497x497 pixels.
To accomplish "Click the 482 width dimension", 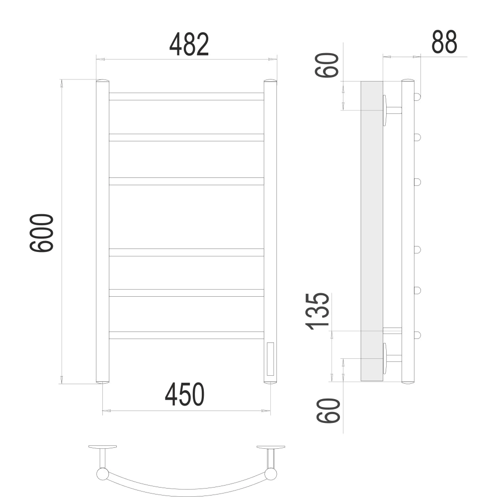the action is tap(189, 44).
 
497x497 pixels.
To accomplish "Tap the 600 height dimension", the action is tap(42, 233).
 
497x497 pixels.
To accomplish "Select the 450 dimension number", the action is tap(185, 394).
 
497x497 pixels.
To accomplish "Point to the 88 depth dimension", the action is tap(444, 42).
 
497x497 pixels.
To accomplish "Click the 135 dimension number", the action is tap(317, 311).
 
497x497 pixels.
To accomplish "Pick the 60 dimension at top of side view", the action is tap(327, 65).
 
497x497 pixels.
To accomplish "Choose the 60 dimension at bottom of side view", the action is tap(329, 411).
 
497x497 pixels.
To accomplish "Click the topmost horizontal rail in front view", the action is tap(186, 97).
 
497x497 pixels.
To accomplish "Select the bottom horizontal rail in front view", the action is tap(186, 335).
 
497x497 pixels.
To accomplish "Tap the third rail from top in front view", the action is tap(186, 181).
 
